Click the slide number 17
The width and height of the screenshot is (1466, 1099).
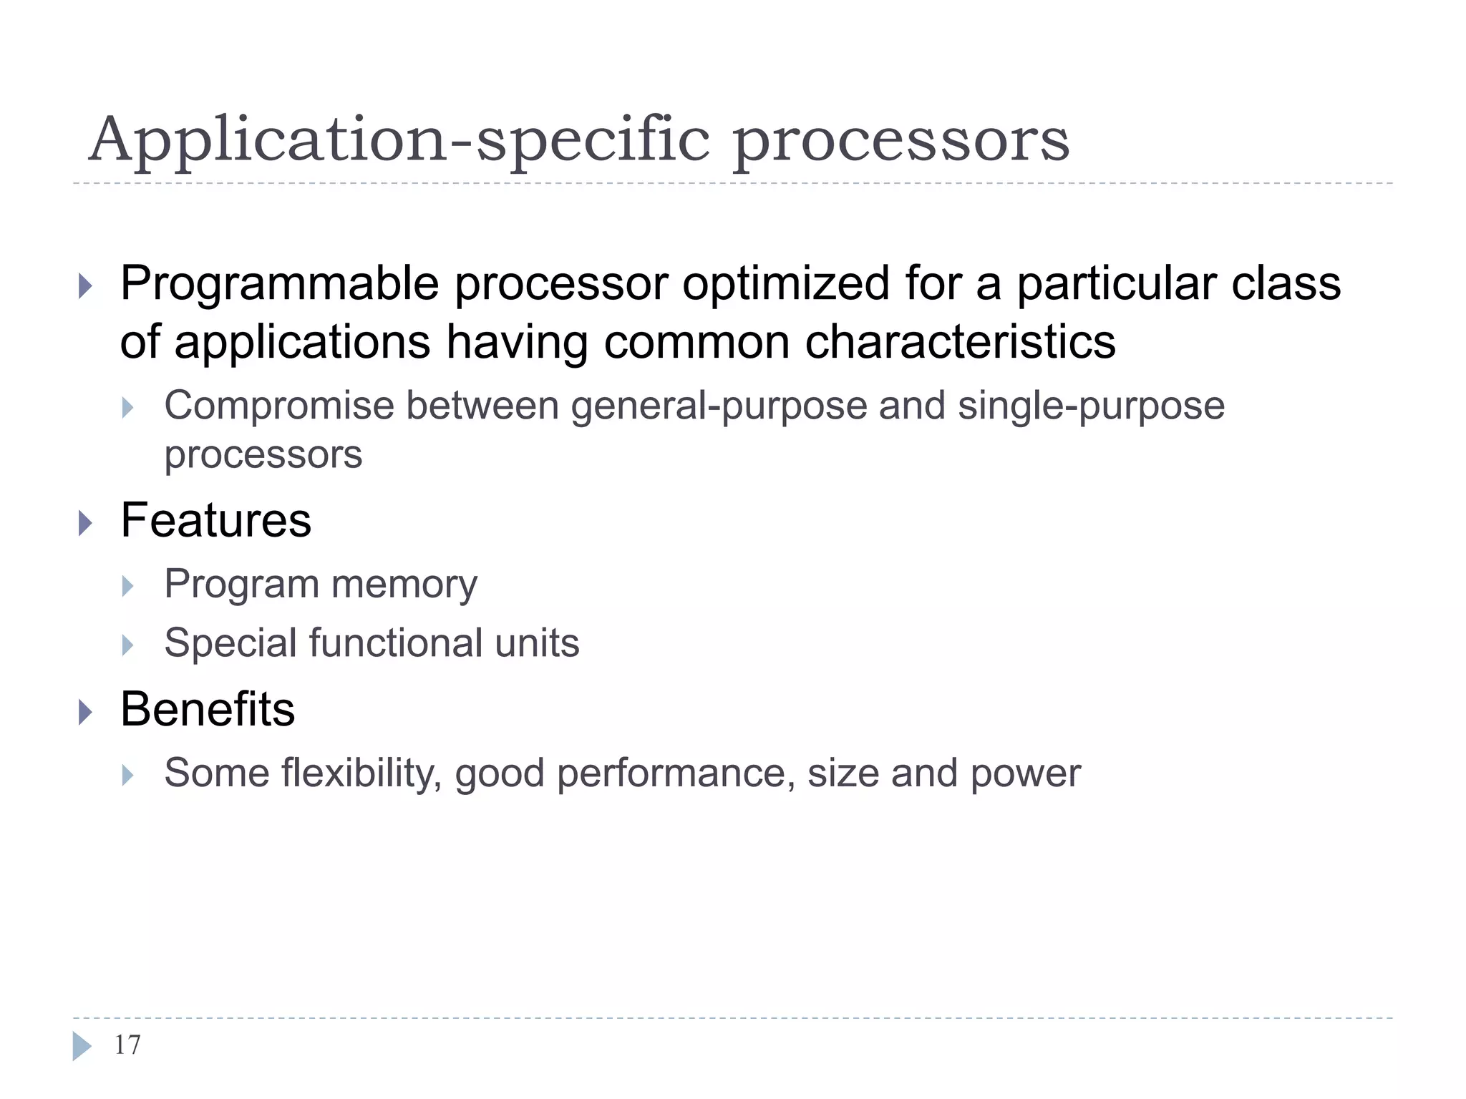(x=127, y=1045)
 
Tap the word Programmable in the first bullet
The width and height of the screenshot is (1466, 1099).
(x=279, y=284)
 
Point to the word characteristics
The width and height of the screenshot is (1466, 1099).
(x=960, y=342)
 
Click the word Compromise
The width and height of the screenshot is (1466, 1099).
(x=279, y=406)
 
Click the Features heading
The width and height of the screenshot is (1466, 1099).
(x=215, y=520)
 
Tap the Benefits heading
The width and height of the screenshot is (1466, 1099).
(x=208, y=710)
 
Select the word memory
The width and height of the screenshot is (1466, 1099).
(x=404, y=585)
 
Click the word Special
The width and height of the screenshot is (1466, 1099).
(x=230, y=643)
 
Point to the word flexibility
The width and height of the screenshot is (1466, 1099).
(x=361, y=773)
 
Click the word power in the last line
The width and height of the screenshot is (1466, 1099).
(x=1025, y=774)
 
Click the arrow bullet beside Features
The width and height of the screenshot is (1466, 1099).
(x=86, y=523)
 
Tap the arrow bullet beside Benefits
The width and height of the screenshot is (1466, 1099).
(x=86, y=712)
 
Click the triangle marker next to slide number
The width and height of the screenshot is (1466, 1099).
(x=82, y=1046)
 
